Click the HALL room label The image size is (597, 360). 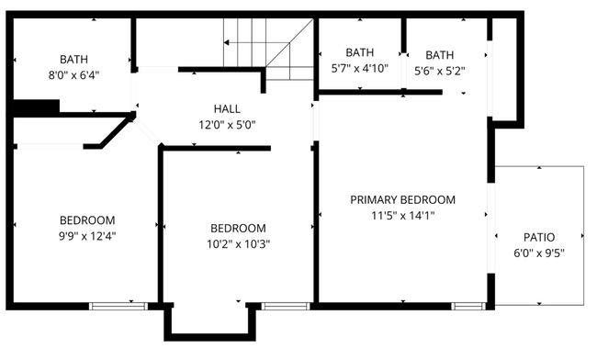[x=227, y=108]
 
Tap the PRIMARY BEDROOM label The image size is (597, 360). [x=402, y=199]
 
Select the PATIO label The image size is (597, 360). [x=538, y=237]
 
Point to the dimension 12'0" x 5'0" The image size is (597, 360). [x=227, y=125]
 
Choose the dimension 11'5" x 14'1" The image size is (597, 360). [x=402, y=216]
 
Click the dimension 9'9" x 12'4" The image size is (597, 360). [x=87, y=236]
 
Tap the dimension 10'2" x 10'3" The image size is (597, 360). [x=238, y=244]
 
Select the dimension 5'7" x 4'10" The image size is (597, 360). [x=360, y=68]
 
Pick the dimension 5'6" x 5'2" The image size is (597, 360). [x=440, y=70]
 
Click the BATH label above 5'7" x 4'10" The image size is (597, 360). [x=360, y=52]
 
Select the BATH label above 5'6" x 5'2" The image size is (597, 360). [x=440, y=54]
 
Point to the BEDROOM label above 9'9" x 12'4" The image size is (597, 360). [x=87, y=220]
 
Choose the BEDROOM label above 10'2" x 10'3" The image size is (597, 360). [x=238, y=229]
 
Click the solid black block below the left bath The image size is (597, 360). [x=36, y=107]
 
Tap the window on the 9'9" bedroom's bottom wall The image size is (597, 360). [x=111, y=305]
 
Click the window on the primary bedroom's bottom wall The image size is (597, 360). [x=467, y=305]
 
